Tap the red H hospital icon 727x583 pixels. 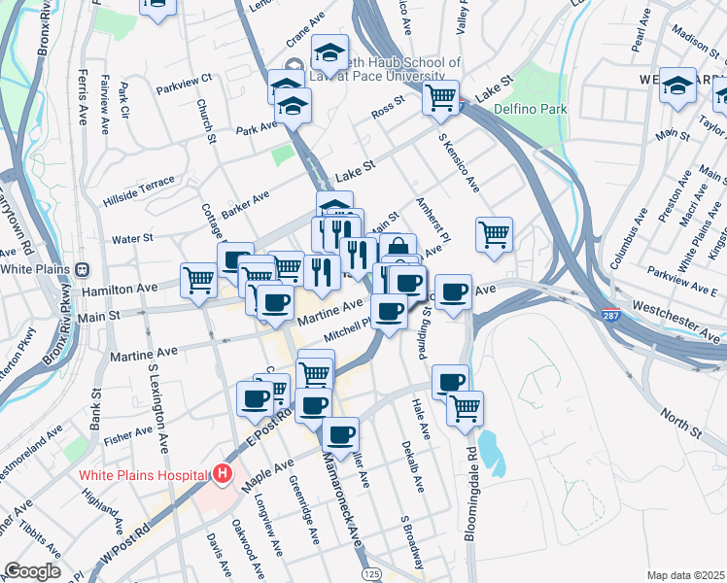tap(223, 475)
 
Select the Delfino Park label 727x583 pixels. tap(535, 110)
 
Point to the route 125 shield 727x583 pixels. tap(371, 575)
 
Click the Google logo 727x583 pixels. tap(31, 571)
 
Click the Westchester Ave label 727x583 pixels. tap(676, 322)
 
